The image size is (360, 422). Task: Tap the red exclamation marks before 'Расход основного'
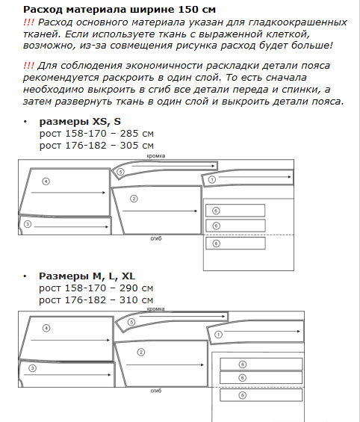[x=28, y=22]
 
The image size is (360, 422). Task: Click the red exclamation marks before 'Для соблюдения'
[x=28, y=66]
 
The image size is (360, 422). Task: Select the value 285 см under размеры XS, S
[x=137, y=134]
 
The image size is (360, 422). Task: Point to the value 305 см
[x=137, y=146]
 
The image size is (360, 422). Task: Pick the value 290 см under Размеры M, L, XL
[x=136, y=288]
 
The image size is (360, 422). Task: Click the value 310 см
[x=136, y=300]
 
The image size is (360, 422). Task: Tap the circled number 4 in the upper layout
[x=46, y=181]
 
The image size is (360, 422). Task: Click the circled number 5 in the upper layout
[x=120, y=172]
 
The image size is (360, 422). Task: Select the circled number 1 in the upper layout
[x=212, y=179]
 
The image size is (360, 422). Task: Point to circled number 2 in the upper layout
[x=134, y=199]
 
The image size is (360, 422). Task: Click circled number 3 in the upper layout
[x=28, y=224]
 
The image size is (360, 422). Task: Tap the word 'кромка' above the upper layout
[x=156, y=156]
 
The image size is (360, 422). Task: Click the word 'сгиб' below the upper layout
[x=156, y=238]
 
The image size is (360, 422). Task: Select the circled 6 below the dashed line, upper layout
[x=216, y=243]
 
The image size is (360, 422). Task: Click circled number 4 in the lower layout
[x=46, y=329]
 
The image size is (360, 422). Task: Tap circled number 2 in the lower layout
[x=141, y=353]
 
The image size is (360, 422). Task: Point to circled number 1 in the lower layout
[x=218, y=335]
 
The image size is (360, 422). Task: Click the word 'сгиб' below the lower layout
[x=156, y=391]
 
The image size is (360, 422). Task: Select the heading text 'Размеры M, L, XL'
[x=87, y=276]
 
